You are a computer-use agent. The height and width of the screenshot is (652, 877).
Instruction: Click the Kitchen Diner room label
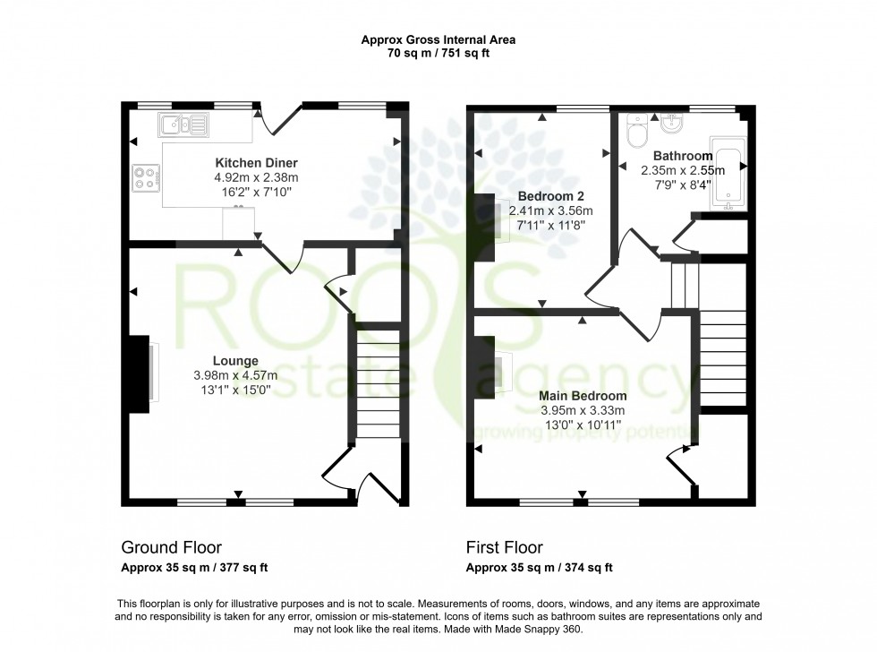tap(256, 163)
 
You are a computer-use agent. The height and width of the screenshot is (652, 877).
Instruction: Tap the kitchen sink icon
tap(183, 124)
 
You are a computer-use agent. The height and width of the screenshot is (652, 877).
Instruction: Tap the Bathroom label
tap(682, 155)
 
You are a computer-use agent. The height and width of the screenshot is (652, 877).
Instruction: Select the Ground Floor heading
tap(171, 547)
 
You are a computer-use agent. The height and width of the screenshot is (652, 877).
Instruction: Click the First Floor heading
tap(504, 547)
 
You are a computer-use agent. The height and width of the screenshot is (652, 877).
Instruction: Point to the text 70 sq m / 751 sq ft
tap(438, 54)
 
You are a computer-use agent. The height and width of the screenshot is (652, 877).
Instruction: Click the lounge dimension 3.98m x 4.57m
tap(236, 375)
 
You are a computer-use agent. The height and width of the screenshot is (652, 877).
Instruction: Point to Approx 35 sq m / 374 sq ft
tap(539, 568)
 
